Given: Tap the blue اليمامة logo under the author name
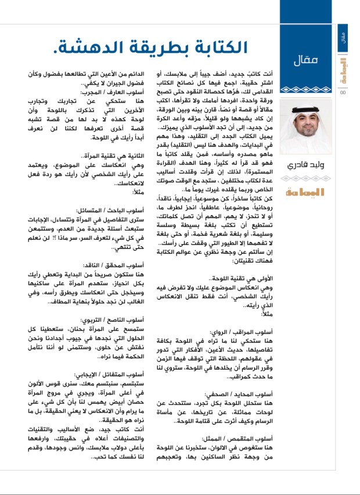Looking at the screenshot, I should click(x=309, y=189).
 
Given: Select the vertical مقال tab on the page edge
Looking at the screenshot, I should click(x=343, y=37).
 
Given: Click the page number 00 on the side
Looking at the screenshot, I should click(x=343, y=91).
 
